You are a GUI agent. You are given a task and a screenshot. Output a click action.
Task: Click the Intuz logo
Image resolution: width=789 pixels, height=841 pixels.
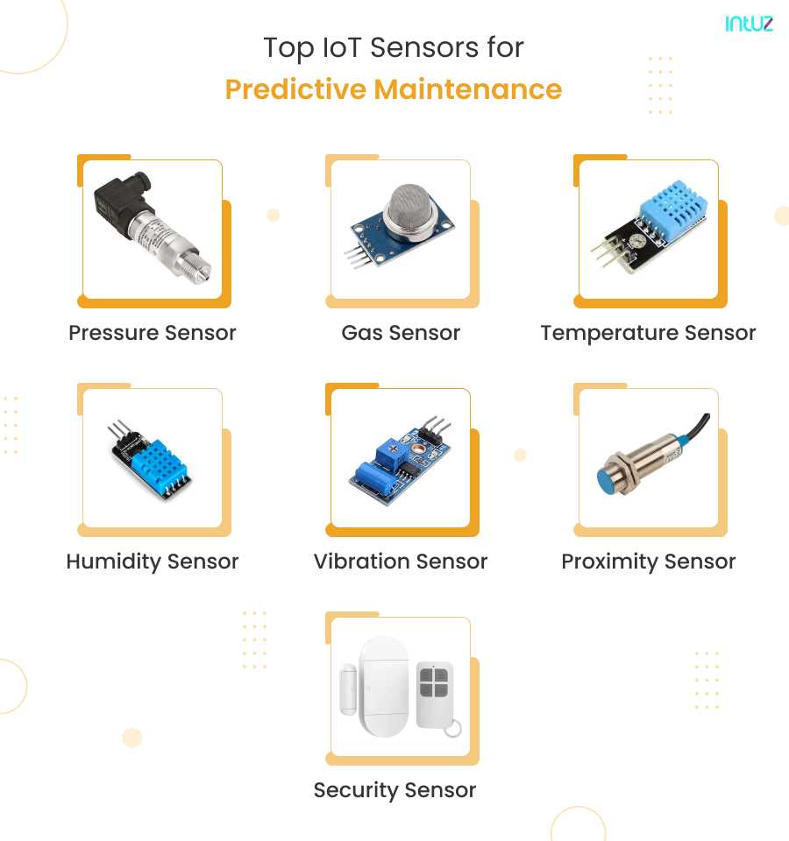point(749,24)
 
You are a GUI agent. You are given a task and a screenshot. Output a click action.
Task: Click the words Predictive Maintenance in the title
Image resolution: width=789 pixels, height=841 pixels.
point(394,89)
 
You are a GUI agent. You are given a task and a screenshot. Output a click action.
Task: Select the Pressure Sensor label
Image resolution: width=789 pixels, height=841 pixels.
point(153,333)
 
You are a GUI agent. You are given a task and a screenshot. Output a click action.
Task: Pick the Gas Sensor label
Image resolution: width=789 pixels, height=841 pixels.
point(401,333)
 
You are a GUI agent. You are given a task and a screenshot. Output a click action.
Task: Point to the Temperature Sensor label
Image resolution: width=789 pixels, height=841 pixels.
point(648,333)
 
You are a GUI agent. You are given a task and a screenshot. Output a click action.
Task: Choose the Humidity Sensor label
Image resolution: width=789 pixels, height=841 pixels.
point(153,562)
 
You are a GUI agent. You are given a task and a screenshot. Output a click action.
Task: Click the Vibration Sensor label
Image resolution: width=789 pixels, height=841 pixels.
point(401,562)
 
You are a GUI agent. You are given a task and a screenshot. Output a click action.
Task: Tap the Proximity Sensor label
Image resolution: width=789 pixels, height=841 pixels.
point(648,562)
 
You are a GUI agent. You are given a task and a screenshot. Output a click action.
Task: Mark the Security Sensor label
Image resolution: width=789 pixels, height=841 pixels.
point(394,790)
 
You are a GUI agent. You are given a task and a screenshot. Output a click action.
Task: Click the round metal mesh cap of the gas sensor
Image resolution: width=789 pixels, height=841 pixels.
point(414,207)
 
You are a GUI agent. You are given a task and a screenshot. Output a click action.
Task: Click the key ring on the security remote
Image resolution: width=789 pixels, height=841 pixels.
point(452,727)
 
